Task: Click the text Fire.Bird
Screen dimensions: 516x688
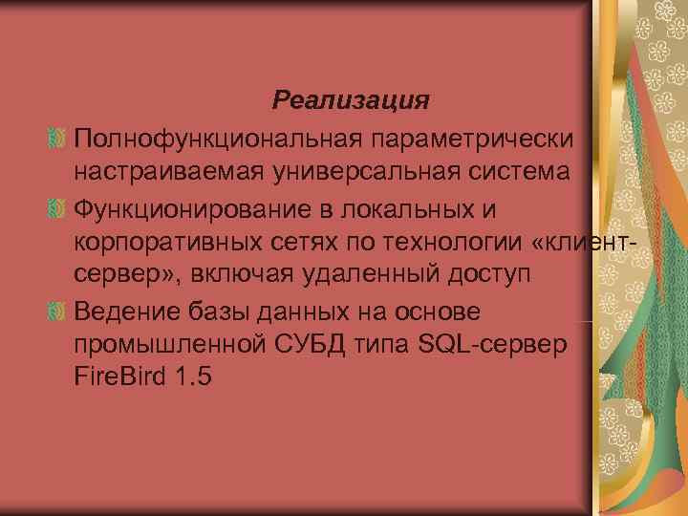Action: pos(119,377)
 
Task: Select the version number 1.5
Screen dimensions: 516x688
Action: pos(192,377)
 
